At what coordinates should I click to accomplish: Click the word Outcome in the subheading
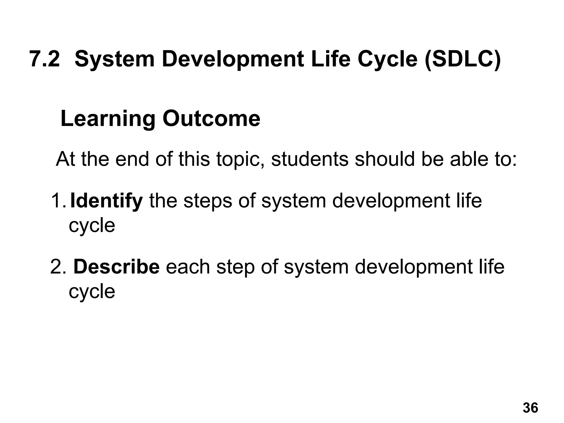click(211, 119)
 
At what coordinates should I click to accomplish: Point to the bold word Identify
click(106, 201)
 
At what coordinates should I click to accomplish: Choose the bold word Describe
click(116, 267)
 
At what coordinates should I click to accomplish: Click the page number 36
click(530, 408)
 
